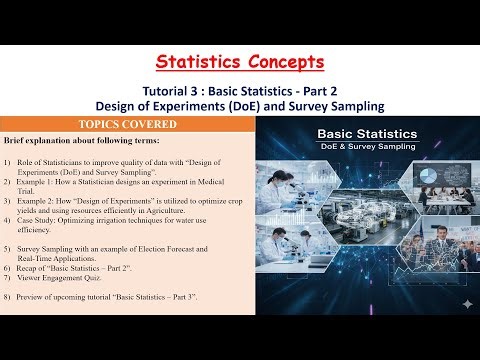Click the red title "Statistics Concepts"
pyautogui.click(x=239, y=62)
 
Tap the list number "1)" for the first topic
pyautogui.click(x=8, y=162)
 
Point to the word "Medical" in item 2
pyautogui.click(x=226, y=187)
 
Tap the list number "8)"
pyautogui.click(x=8, y=298)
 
